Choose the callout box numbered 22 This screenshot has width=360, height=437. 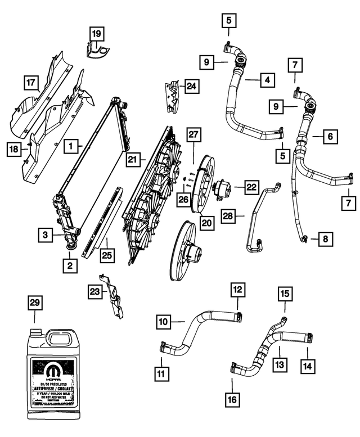click(250, 187)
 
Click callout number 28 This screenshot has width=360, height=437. click(228, 215)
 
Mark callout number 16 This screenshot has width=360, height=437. click(232, 400)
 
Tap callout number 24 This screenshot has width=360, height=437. click(192, 86)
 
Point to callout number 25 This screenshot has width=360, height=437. click(107, 256)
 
